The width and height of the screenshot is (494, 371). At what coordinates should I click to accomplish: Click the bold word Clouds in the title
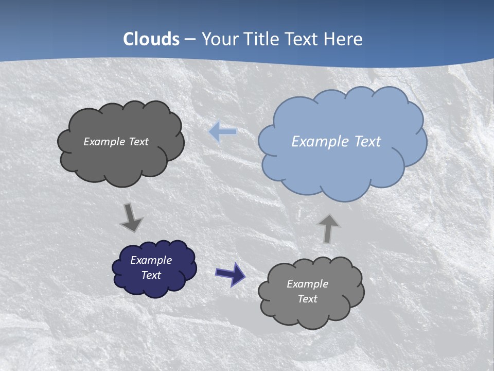pyautogui.click(x=151, y=39)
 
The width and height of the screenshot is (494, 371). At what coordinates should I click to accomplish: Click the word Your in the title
pyautogui.click(x=220, y=39)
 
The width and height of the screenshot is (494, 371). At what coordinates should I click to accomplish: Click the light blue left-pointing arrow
pyautogui.click(x=223, y=132)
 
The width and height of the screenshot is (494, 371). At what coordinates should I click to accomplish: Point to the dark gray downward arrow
pyautogui.click(x=131, y=217)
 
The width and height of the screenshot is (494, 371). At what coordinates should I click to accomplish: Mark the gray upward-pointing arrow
pyautogui.click(x=328, y=228)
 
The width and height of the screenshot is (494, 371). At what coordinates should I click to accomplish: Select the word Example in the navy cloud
pyautogui.click(x=151, y=260)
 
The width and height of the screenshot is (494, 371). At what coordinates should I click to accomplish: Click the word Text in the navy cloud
pyautogui.click(x=151, y=275)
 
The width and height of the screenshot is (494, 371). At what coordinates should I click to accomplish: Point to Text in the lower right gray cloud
pyautogui.click(x=308, y=299)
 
